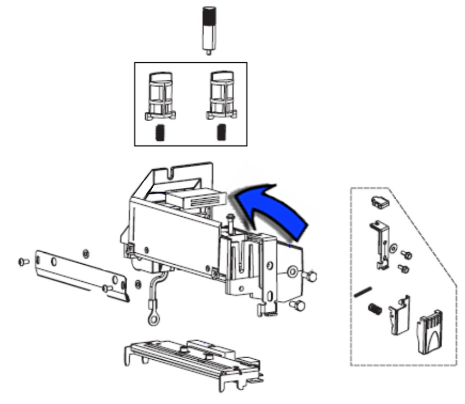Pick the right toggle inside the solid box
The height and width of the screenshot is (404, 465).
coord(222,96)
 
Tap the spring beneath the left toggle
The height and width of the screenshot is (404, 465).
coord(160,132)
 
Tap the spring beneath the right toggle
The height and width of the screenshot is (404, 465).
coord(222,132)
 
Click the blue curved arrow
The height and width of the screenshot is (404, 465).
coord(273,210)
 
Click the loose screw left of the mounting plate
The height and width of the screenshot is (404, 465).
coord(23,262)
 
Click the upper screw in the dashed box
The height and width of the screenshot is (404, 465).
coord(406,254)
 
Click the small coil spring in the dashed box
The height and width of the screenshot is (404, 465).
coord(373,309)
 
